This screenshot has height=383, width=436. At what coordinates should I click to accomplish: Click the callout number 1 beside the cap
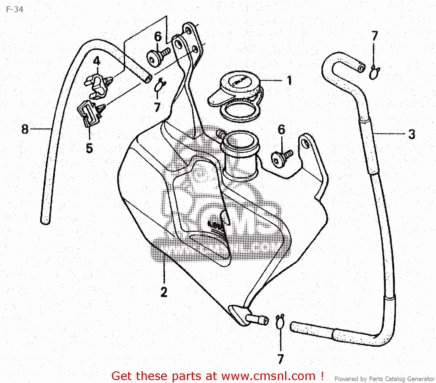(x=289, y=80)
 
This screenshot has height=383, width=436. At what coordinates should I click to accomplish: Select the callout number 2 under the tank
(x=164, y=292)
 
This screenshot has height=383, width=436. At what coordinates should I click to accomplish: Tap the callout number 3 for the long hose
(x=412, y=134)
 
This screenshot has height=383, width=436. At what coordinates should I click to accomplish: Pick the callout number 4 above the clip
(x=97, y=61)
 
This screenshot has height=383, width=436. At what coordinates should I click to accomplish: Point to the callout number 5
(x=89, y=148)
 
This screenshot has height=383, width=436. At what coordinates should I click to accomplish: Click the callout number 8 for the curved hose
(x=25, y=129)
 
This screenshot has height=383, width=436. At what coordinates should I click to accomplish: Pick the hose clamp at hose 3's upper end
(x=374, y=73)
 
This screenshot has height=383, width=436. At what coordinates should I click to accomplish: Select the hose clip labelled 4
(x=97, y=84)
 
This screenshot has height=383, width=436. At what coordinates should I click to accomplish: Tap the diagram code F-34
(x=15, y=9)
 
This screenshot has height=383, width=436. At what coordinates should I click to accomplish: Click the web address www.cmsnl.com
(x=268, y=376)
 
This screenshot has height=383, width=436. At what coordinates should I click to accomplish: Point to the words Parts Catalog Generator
(x=401, y=379)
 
